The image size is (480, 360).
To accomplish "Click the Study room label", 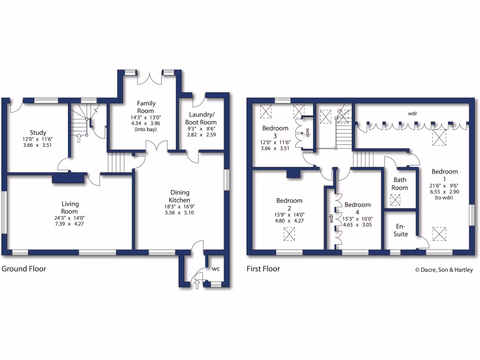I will click(38, 133).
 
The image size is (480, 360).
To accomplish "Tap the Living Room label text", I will click(70, 208).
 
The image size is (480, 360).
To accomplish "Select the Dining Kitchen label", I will click(179, 196).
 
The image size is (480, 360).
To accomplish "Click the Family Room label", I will click(146, 107).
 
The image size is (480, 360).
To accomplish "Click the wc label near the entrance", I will click(216, 269).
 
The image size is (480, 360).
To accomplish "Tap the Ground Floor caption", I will click(24, 269).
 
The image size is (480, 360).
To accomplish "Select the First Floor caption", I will click(263, 269).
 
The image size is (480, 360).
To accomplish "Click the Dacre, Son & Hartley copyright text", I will click(444, 270).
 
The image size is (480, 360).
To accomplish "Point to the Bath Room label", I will click(400, 184).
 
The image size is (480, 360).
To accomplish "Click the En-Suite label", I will click(400, 230).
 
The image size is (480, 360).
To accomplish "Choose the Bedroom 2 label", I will click(290, 204).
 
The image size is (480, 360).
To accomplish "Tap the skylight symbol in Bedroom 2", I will click(290, 233).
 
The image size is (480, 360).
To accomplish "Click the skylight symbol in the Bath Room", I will click(396, 200).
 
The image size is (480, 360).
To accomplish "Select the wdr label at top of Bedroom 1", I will click(412, 113).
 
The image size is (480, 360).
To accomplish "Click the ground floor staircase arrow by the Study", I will click(78, 138).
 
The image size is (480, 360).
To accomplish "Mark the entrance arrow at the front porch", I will click(197, 284).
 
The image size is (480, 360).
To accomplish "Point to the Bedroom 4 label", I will click(358, 208).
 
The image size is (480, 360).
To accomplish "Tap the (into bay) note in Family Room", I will click(146, 129).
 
